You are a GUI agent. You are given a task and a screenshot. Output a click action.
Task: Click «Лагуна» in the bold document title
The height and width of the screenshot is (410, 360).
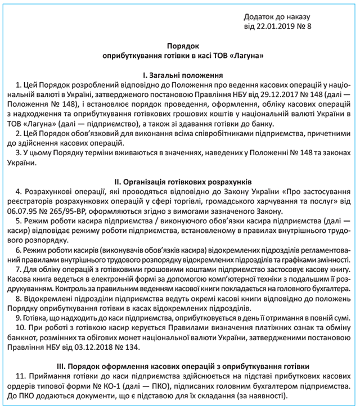pyautogui.click(x=247, y=56)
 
